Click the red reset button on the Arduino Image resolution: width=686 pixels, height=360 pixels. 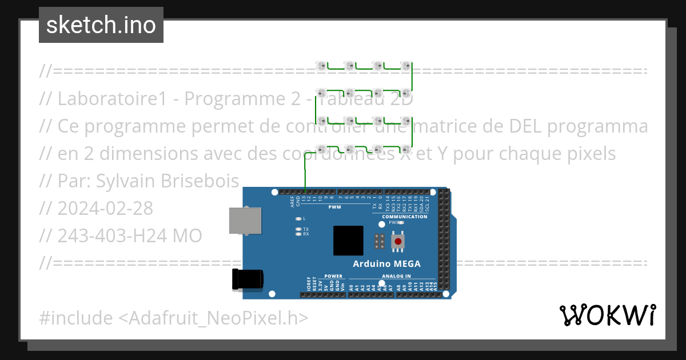tap(398, 242)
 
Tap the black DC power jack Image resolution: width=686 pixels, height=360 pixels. tap(248, 279)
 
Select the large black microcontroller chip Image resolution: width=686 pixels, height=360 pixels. tap(348, 241)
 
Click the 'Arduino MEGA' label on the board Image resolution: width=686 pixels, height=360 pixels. tap(386, 264)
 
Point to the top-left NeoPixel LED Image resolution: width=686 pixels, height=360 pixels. tap(321, 66)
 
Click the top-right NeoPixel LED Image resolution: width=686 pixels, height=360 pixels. tap(405, 66)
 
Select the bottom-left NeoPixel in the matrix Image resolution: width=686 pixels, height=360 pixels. tap(321, 150)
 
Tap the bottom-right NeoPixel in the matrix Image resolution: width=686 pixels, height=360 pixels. tap(405, 150)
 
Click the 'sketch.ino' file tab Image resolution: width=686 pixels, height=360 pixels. tap(101, 25)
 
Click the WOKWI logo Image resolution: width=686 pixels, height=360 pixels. tap(607, 315)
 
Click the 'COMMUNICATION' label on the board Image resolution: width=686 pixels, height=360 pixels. tap(405, 217)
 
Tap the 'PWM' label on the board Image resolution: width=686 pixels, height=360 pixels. tap(334, 207)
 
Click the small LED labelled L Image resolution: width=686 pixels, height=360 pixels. tap(298, 219)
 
